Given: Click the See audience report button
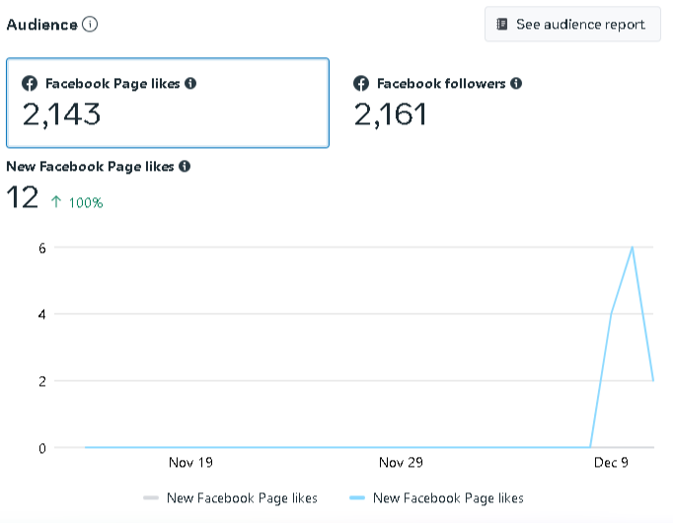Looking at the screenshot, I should [572, 25].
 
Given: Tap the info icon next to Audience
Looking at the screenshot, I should [90, 25].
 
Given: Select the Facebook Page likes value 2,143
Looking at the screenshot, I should [61, 114].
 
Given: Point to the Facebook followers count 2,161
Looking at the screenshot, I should [391, 114].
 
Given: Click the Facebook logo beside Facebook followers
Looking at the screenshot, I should [361, 84].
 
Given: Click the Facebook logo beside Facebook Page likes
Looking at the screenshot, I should [31, 84].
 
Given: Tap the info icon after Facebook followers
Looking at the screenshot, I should [516, 84].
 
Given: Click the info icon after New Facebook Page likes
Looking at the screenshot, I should [186, 167].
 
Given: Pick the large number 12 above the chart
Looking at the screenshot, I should [22, 197].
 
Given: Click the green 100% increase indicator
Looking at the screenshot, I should [77, 202].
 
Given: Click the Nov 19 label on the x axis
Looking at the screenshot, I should [190, 463].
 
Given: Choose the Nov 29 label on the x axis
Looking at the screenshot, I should [401, 463].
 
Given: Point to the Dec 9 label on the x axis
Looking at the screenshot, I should [611, 463].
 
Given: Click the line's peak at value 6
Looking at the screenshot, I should [632, 248].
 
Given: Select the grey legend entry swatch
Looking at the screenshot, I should [151, 498].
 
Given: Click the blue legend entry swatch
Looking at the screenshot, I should [357, 498].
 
